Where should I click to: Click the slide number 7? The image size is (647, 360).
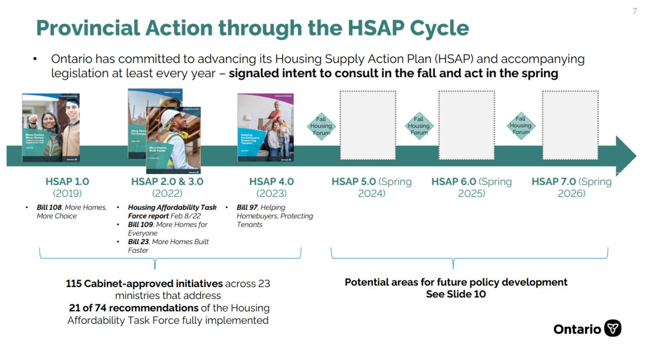(635, 11)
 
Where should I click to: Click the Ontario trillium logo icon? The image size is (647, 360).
(612, 328)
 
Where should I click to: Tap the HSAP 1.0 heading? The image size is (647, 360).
(67, 182)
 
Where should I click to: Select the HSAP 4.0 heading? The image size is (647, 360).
(271, 182)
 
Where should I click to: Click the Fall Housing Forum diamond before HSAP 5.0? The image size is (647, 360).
(321, 126)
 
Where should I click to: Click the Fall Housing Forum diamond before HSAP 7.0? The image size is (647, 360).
(521, 126)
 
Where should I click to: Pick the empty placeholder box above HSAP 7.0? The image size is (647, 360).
(570, 125)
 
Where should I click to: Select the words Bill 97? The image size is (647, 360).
(247, 207)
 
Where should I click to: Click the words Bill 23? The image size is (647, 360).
(138, 242)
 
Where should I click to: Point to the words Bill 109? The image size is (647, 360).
(140, 225)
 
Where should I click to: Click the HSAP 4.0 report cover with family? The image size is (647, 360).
(265, 127)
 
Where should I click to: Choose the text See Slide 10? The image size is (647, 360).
(456, 294)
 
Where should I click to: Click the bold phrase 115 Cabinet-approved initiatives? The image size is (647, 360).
(144, 283)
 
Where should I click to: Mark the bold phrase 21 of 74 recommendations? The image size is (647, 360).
(133, 308)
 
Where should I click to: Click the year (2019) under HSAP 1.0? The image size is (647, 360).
(67, 193)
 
